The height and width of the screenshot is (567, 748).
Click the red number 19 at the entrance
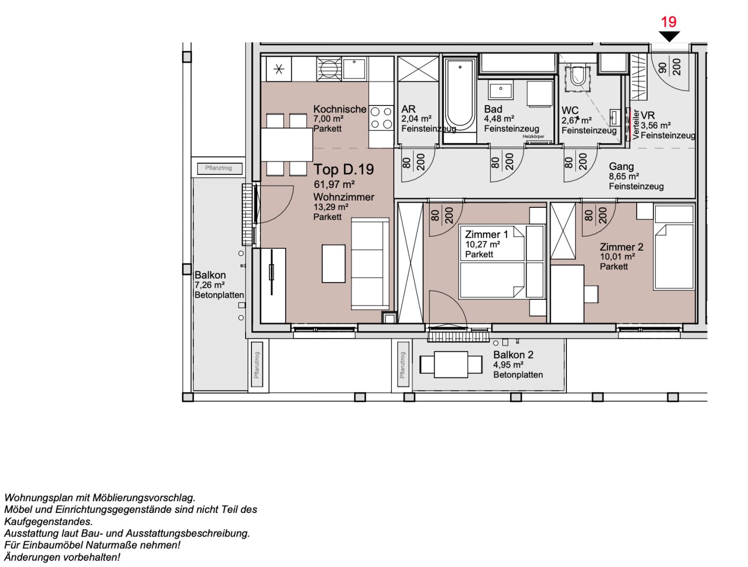coord(668,22)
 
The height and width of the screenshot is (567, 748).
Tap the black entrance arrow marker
coord(669,36)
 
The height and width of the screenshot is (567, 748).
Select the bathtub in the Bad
coord(460,97)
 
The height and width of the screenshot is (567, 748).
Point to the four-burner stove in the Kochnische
coord(381,118)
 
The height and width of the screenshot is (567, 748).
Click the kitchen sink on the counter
coord(354,69)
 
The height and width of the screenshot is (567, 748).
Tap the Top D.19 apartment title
coord(344,170)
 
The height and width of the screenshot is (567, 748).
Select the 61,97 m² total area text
coord(334,184)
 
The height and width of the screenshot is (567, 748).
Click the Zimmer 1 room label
coord(486,235)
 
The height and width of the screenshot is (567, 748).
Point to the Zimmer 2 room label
coord(621,247)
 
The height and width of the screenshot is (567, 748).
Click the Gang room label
coord(621,166)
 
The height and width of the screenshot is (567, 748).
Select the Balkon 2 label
coord(513,355)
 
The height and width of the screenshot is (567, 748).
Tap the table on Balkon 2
coord(451,364)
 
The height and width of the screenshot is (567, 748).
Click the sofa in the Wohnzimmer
coord(371,264)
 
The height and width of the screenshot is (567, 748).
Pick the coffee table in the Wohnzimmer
coord(333,264)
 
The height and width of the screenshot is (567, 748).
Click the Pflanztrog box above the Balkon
coord(219,168)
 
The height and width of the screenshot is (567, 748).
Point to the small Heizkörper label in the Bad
coord(533,136)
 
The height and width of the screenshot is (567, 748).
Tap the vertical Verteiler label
coord(636,124)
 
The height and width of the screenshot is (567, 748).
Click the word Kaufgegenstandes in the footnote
coord(48,521)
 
